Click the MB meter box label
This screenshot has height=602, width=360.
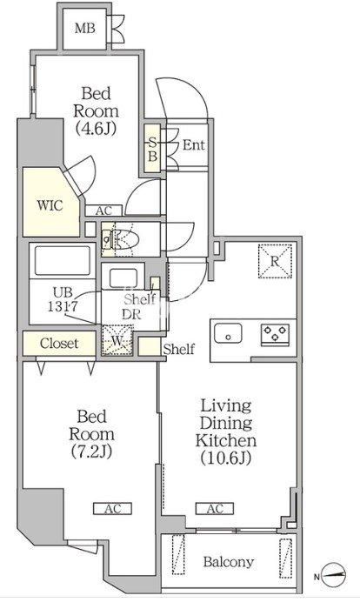coord(85,28)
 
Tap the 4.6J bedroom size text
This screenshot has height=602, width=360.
coord(96,129)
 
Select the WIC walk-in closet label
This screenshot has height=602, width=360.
coord(50,205)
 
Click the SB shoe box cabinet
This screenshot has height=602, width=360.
coord(152,149)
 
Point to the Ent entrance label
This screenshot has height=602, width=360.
coord(193,144)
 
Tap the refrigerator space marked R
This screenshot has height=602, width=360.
coord(275,261)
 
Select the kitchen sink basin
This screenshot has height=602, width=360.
coord(228,333)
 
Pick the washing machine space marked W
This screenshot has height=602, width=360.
coord(117,340)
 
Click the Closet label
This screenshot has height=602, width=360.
coord(59,343)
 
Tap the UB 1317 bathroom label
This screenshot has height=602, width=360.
coord(63,299)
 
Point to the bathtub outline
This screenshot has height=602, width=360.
coord(63,260)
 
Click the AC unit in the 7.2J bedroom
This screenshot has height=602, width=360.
coord(113,509)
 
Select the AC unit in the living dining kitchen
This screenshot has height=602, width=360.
coord(215,509)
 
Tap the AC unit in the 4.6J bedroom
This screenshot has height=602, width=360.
coord(103,211)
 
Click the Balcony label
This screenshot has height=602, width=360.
coord(229,562)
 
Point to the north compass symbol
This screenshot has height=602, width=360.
coord(332,576)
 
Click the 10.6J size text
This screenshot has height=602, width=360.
coord(226,458)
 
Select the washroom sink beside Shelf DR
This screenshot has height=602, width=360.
coord(123,278)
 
